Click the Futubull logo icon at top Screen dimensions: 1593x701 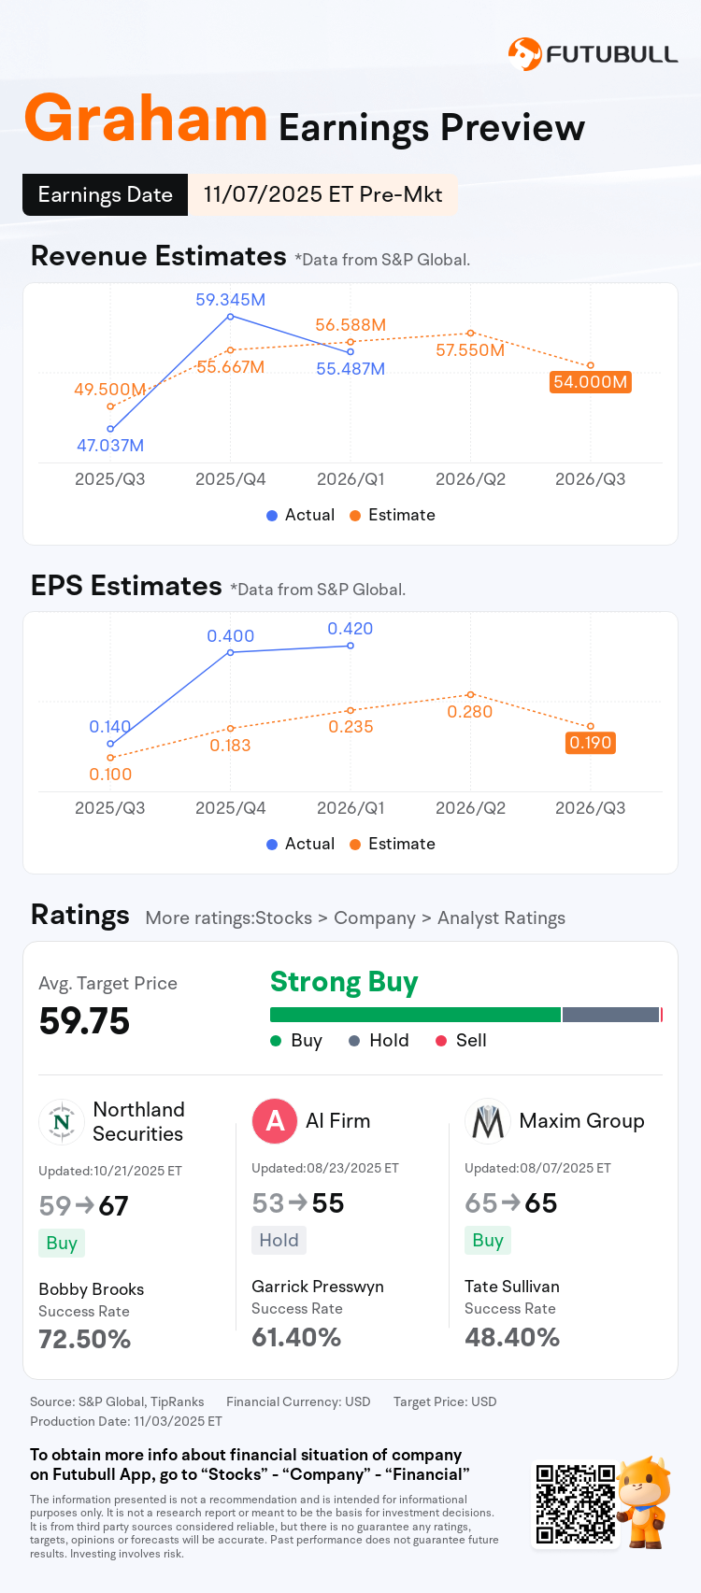pos(524,54)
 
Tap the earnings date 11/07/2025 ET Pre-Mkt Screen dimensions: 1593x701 pos(322,194)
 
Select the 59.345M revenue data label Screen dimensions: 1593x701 pos(230,300)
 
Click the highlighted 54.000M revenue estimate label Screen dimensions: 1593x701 pos(590,382)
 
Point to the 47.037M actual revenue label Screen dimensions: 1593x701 pos(110,446)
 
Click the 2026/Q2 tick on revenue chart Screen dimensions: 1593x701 pos(470,479)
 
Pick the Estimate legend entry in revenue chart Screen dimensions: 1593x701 pos(393,515)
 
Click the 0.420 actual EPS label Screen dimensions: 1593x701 pos(350,629)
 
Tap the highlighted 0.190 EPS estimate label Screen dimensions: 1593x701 pos(590,743)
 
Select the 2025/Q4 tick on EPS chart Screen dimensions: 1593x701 pos(230,808)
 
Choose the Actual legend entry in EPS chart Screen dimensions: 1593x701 pos(300,844)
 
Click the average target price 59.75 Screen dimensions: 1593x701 pos(84,1021)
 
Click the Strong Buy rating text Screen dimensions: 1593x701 pos(344,982)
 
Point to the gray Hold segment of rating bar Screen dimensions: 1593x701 pos(610,1015)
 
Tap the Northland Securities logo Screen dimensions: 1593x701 pos(62,1122)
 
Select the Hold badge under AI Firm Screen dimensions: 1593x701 pos(279,1240)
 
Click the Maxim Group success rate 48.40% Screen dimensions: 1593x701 pos(512,1337)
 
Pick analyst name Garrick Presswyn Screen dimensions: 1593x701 pos(318,1287)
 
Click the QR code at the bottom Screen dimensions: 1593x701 pos(575,1504)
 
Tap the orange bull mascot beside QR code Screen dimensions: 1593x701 pos(645,1500)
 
